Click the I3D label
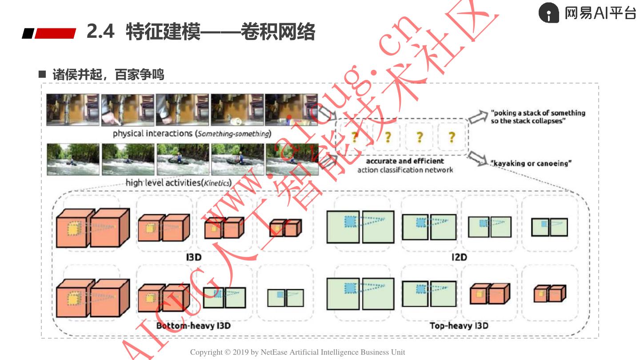[x=194, y=257]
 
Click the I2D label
[x=459, y=257]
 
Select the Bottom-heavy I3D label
[x=193, y=326]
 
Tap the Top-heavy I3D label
[x=459, y=326]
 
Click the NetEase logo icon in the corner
[x=548, y=12]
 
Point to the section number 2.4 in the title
[x=100, y=31]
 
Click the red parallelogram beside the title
[x=56, y=33]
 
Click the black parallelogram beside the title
[x=28, y=33]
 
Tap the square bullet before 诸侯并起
[x=42, y=74]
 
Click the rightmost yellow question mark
[x=452, y=137]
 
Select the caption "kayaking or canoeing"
[x=531, y=164]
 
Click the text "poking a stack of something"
[x=538, y=113]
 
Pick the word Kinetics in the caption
[x=216, y=183]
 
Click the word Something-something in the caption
[x=233, y=134]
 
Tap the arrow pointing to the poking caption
[x=478, y=117]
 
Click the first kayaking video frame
[x=73, y=160]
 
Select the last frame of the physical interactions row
[x=292, y=110]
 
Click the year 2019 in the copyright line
[x=240, y=352]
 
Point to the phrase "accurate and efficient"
[x=405, y=161]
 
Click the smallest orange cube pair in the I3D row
[x=285, y=228]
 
